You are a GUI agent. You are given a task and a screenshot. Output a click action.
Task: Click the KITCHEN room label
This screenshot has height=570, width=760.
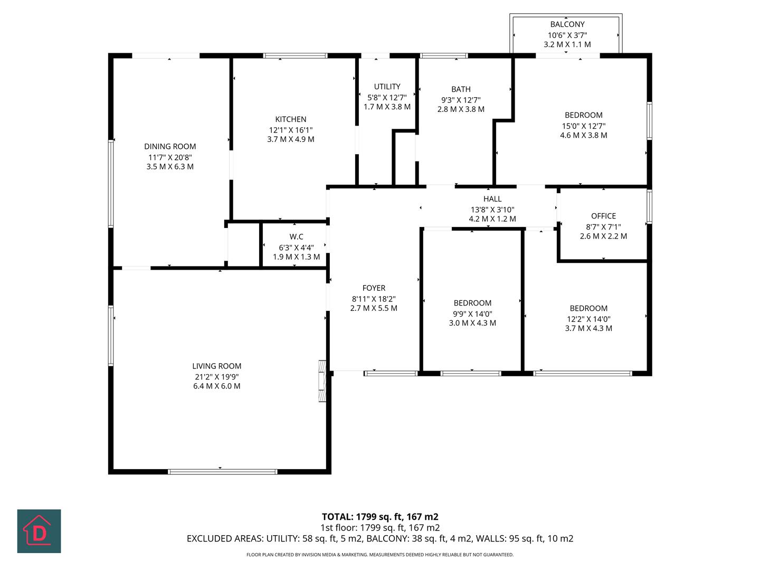pos(290,119)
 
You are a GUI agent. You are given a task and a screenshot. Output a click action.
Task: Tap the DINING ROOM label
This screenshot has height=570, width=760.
pos(170,146)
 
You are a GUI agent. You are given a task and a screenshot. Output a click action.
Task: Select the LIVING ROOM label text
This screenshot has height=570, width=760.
pos(217,366)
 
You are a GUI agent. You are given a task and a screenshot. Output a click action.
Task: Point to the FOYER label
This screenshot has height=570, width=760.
pos(374,288)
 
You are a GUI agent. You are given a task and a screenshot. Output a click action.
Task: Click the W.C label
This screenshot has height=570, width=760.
pos(297,237)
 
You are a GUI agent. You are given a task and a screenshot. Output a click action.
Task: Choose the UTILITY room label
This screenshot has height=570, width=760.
pos(387,87)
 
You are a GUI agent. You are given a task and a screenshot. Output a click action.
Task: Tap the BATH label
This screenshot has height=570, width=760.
pos(461,89)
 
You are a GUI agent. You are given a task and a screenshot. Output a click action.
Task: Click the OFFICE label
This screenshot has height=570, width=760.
pos(603,216)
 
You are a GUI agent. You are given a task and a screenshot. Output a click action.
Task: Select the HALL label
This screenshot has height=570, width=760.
pos(492,199)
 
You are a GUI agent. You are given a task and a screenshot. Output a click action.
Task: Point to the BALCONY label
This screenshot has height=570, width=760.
pos(567,24)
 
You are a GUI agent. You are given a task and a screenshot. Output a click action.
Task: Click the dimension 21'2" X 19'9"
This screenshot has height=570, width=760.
pos(217,377)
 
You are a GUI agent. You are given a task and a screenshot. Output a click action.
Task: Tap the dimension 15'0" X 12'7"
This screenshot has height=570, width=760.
pos(583,126)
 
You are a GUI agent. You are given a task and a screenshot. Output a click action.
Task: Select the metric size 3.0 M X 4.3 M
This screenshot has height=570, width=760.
pos(472,323)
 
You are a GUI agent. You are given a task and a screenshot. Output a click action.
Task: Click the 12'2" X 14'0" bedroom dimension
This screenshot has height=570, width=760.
pos(588,319)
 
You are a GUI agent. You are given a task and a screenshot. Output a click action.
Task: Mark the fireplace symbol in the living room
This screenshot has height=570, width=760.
pos(322,381)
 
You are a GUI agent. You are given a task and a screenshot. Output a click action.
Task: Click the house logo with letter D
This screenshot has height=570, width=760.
pos(39,531)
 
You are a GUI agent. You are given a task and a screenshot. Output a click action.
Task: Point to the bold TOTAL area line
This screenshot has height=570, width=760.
pos(380,517)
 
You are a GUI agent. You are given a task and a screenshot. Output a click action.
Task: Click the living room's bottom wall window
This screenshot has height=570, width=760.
pos(223,472)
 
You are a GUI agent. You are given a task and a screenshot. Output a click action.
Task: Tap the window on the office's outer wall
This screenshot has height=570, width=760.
pos(650,206)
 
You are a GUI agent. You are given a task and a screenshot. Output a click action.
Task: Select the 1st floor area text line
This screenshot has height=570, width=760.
pos(380,528)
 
